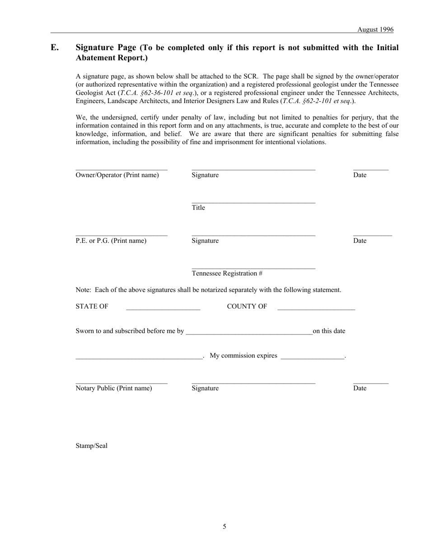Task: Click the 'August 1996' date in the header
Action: point(375,29)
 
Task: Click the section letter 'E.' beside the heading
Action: point(55,47)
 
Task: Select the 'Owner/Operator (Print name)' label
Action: point(117,175)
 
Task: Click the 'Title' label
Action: point(198,208)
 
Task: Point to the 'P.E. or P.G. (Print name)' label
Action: point(111,240)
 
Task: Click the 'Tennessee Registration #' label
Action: point(227,273)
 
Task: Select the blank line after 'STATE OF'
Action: point(163,309)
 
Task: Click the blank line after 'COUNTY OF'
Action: point(316,309)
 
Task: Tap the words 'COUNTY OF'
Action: point(247,306)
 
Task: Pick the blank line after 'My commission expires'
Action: point(312,358)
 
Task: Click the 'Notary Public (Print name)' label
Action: point(114,388)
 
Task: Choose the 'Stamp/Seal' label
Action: point(92,446)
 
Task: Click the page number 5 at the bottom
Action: point(224,526)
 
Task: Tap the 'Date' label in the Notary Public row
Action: point(359,388)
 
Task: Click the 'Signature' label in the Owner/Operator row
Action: point(205,175)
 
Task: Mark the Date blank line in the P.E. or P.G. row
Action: point(373,235)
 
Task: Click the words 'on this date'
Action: point(329,331)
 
